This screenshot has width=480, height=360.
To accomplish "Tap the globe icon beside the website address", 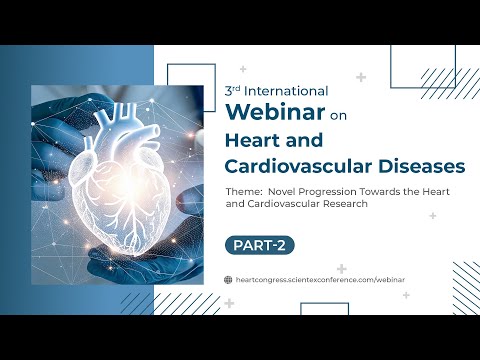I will (x=229, y=280).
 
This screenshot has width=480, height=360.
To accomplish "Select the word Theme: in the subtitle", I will (x=243, y=191).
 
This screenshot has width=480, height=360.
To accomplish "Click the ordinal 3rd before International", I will (x=232, y=88).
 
